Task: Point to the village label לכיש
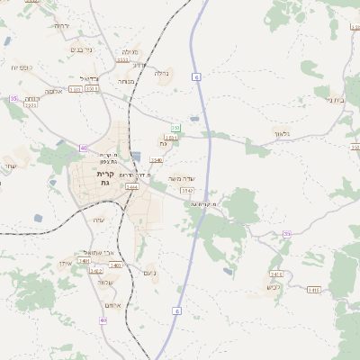tap(274, 288)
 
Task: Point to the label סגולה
tap(129, 51)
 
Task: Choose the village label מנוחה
tap(126, 81)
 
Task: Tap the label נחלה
tap(162, 74)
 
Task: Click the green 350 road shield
tap(176, 129)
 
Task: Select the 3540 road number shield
tap(157, 160)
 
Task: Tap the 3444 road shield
tap(132, 187)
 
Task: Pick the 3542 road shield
tap(186, 191)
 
